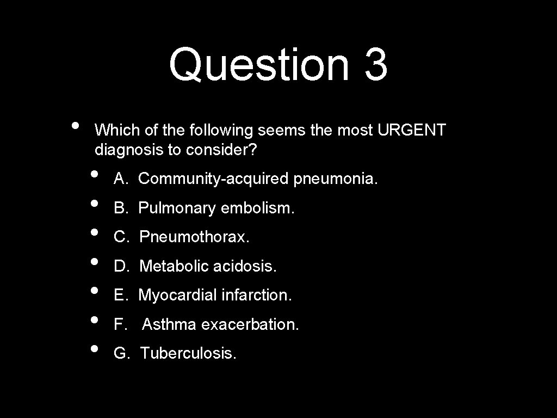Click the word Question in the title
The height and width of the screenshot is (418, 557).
(x=258, y=64)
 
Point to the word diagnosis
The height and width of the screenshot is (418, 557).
(x=129, y=150)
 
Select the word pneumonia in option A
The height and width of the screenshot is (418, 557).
(x=335, y=178)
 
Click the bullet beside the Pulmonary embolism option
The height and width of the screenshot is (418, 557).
(x=95, y=204)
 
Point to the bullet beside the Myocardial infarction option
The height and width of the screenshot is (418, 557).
(x=95, y=291)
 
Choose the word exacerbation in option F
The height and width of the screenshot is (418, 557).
(x=250, y=324)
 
